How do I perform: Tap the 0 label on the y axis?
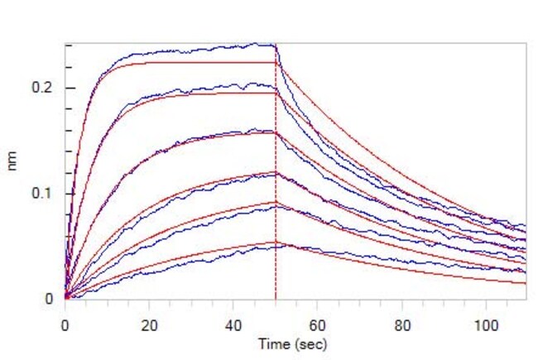[50, 298]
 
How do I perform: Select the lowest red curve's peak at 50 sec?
[276, 242]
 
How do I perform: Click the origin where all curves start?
[65, 297]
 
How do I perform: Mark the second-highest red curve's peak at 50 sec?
[276, 93]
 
